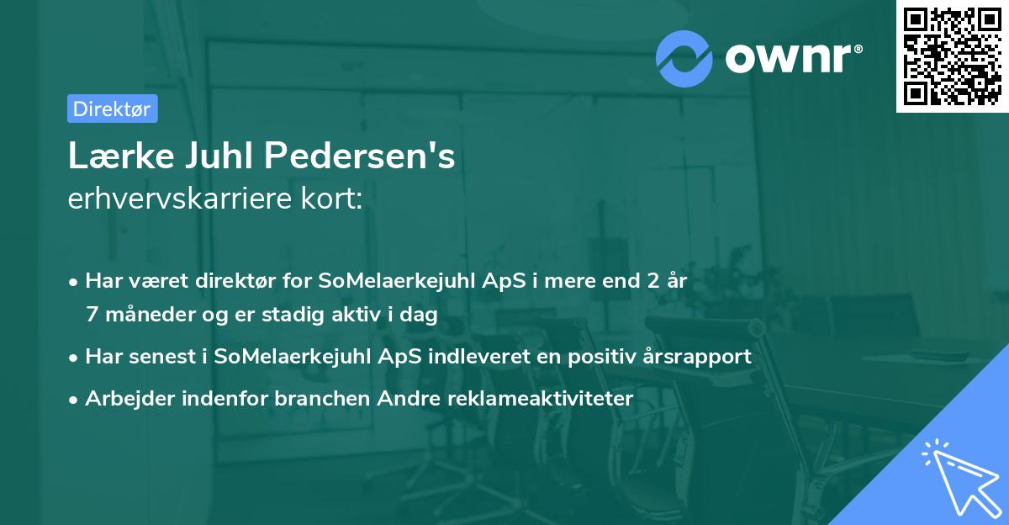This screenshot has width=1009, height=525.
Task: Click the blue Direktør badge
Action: click(x=112, y=109)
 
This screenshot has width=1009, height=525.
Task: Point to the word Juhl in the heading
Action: click(x=211, y=156)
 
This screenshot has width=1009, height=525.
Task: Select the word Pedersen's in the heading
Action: click(x=360, y=156)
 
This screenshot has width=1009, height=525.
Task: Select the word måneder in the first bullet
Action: click(x=143, y=315)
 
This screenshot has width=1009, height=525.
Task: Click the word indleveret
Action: click(x=478, y=356)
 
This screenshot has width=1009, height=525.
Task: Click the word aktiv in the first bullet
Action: click(x=352, y=315)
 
